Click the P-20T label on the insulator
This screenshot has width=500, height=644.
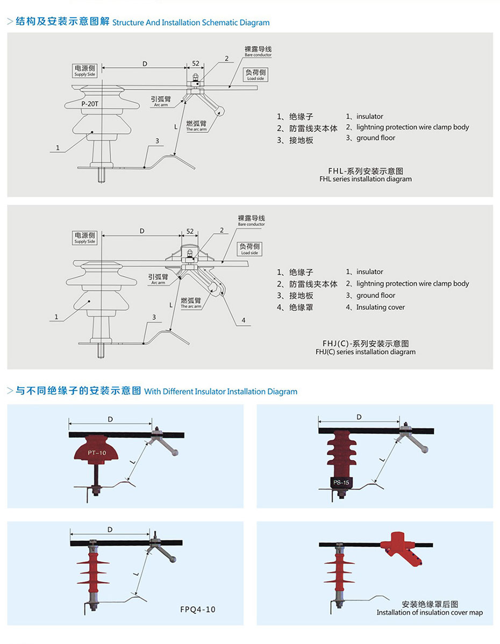point(90,104)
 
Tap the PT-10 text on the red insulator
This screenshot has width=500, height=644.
point(97,453)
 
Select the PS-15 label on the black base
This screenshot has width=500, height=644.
point(341,482)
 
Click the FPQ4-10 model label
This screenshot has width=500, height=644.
point(198,610)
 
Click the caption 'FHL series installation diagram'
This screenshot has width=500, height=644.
point(365,179)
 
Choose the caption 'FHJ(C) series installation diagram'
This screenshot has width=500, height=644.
point(365,352)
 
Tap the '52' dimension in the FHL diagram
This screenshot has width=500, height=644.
point(196,64)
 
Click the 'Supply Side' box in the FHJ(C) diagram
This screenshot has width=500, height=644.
point(85,237)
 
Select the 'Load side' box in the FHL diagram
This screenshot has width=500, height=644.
point(256,75)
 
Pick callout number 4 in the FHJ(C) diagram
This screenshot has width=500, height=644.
point(243,320)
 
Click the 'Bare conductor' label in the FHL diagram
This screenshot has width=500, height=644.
point(258,52)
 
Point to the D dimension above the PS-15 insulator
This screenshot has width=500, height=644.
point(359,417)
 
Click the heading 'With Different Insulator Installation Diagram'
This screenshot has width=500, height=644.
point(220,391)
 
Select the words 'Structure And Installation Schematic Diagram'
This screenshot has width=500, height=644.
point(191,23)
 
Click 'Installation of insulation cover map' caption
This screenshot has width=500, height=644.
point(430,612)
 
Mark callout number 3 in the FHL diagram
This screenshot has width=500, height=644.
point(157,141)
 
